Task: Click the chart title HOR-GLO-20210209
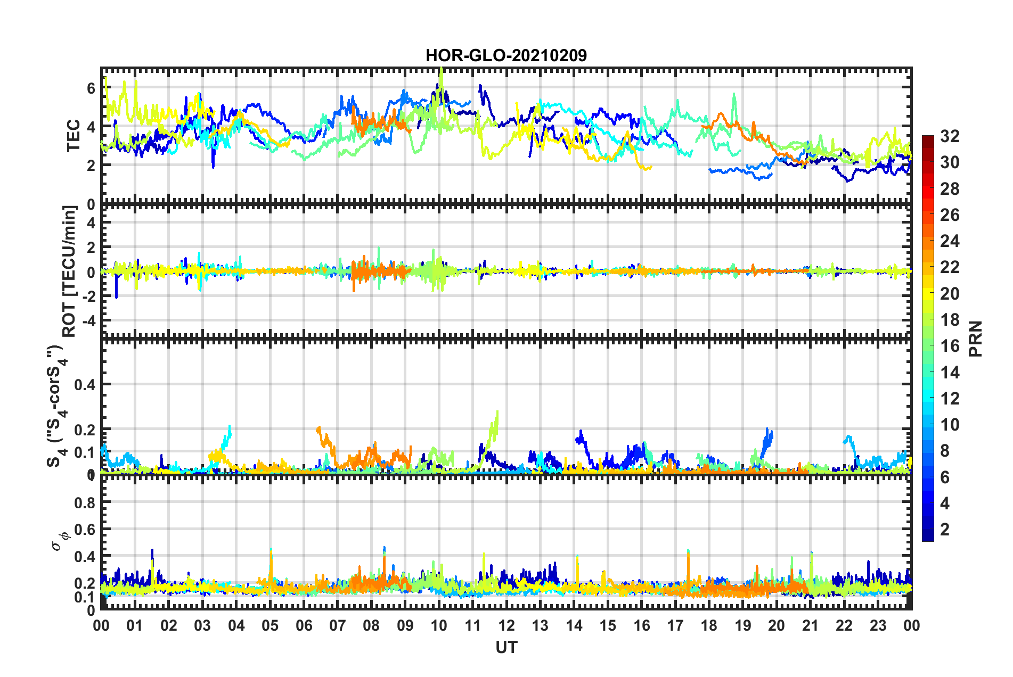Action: click(506, 55)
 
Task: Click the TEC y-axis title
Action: click(73, 136)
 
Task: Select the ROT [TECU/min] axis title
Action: click(69, 271)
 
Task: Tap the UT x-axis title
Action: click(506, 647)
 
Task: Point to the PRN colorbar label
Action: click(975, 338)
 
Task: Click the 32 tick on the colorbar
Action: click(950, 136)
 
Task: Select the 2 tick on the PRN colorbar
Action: click(945, 529)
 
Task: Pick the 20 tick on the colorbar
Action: click(950, 293)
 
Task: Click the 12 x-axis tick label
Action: click(506, 625)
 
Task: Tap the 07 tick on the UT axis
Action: click(338, 625)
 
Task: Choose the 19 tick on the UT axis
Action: click(743, 625)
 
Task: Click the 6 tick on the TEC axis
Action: click(91, 88)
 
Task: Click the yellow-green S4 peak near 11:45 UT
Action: click(497, 412)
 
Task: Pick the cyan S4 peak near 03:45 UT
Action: click(230, 426)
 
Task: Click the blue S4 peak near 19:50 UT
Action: click(767, 429)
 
